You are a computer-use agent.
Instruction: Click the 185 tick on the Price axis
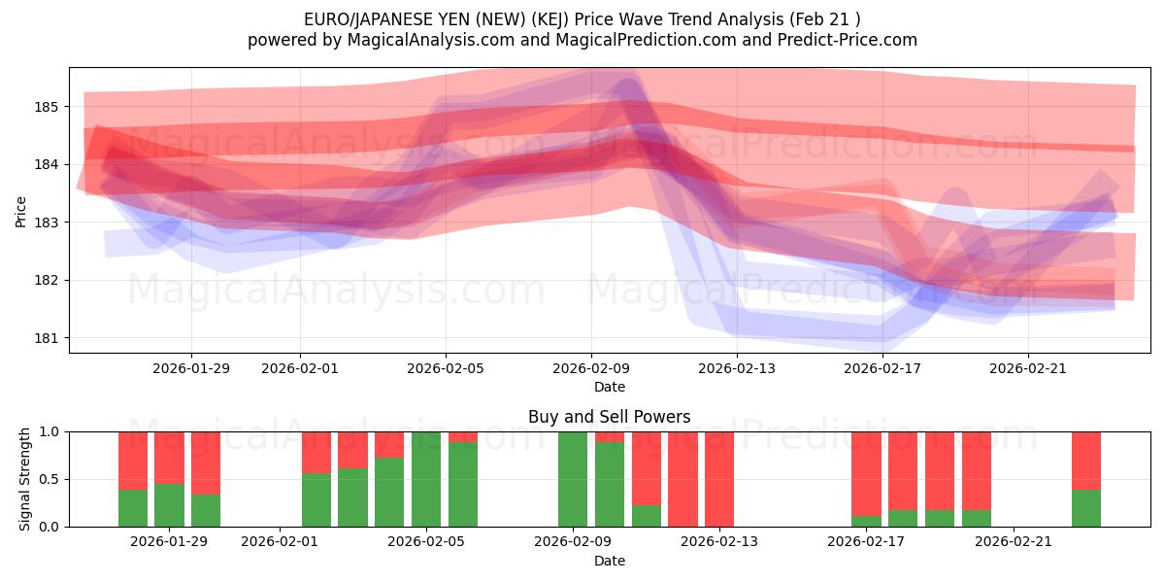click(47, 106)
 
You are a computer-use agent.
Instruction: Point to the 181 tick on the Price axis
click(47, 338)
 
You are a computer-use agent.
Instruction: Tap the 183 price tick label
click(47, 223)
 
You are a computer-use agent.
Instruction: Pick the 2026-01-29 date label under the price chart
click(191, 368)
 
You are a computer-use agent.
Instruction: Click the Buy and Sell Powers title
click(609, 417)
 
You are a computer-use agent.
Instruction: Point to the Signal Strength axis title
click(25, 479)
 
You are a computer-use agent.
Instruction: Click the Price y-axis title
click(21, 210)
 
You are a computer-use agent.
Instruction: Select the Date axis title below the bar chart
click(609, 561)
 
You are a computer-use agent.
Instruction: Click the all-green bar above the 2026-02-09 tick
click(573, 479)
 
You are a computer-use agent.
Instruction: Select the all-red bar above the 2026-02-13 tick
click(719, 479)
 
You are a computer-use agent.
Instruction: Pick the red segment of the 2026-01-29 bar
click(169, 457)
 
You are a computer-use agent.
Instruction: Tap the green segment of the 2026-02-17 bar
click(866, 522)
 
